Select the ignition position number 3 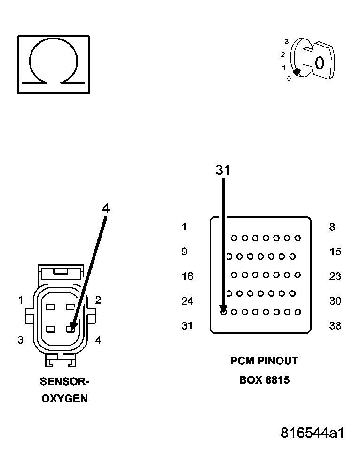point(286,42)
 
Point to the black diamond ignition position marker point(297,72)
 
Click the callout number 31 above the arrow point(223,170)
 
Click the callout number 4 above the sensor point(106,209)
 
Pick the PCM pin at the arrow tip point(223,311)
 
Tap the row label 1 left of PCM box point(184,228)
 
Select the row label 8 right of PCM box point(332,228)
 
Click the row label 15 point(335,252)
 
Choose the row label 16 point(187,276)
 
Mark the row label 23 point(335,276)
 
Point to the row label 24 point(187,301)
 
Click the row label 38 point(335,325)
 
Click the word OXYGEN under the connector point(64,399)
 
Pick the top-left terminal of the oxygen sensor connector point(51,307)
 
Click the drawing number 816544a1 point(312,433)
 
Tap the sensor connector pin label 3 point(20,340)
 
